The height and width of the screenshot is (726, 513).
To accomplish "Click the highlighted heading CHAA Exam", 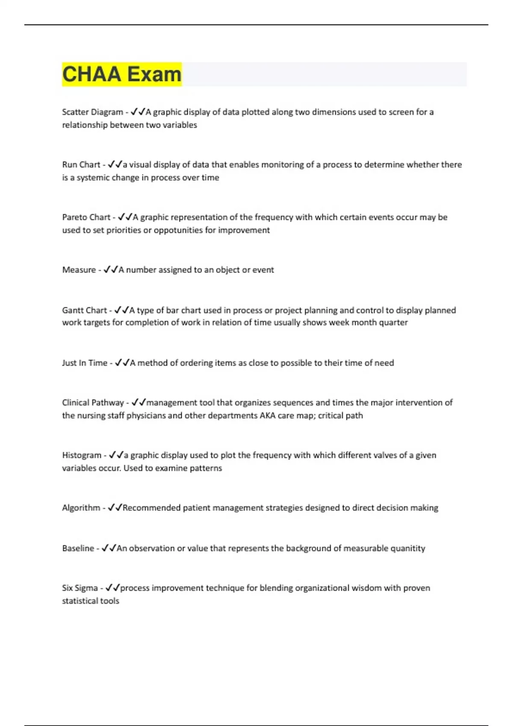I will click(x=122, y=74).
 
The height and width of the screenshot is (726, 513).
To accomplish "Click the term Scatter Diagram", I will click(x=92, y=112).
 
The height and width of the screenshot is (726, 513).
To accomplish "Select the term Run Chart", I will click(x=81, y=164).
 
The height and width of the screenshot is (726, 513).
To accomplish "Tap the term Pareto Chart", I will click(x=86, y=217).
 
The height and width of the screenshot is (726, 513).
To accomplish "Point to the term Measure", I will click(x=79, y=269).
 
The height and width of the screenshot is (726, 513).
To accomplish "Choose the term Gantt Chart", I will click(x=85, y=310).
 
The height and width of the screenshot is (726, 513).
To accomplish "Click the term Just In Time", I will click(x=85, y=363).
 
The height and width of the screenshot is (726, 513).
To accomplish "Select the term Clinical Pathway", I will click(x=93, y=402).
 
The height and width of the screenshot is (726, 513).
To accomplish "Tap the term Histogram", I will click(x=82, y=455).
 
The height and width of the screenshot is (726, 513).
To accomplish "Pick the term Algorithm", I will click(x=81, y=507).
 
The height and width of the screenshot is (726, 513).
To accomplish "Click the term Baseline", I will click(x=78, y=548).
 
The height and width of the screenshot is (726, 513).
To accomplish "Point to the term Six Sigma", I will click(x=80, y=588).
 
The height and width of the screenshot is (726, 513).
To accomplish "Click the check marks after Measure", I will click(x=110, y=269).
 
